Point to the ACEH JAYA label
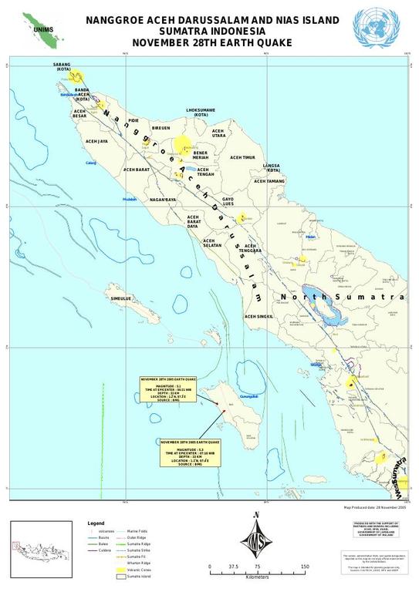point(96,141)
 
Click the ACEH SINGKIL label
point(259,316)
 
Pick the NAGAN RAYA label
point(164,200)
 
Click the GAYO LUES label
point(228,201)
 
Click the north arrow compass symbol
point(257,542)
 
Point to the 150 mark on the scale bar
point(305,567)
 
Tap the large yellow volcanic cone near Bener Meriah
point(182,143)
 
